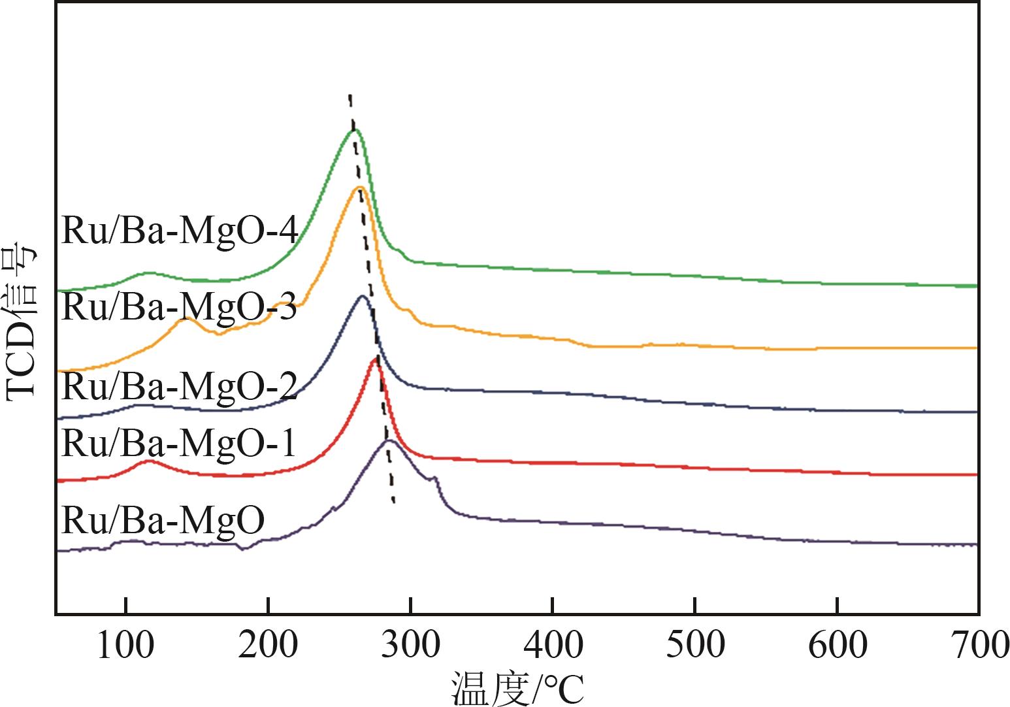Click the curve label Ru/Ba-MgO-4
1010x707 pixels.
[x=180, y=231]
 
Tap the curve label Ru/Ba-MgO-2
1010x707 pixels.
[x=180, y=386]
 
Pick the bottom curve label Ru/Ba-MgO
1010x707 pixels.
[x=163, y=520]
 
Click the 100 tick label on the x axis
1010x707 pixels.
[x=125, y=646]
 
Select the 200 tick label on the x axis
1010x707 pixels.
[x=267, y=646]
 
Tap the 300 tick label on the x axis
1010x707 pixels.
[x=410, y=646]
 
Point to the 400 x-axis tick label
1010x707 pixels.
[x=553, y=646]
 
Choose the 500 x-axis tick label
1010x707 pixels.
[x=695, y=646]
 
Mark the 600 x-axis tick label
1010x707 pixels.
[x=838, y=646]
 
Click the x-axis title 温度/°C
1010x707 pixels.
[x=516, y=689]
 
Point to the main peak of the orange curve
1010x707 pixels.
[x=359, y=188]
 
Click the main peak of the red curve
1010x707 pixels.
[x=375, y=358]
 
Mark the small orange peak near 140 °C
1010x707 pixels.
[x=187, y=318]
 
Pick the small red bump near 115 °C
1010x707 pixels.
[x=149, y=461]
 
